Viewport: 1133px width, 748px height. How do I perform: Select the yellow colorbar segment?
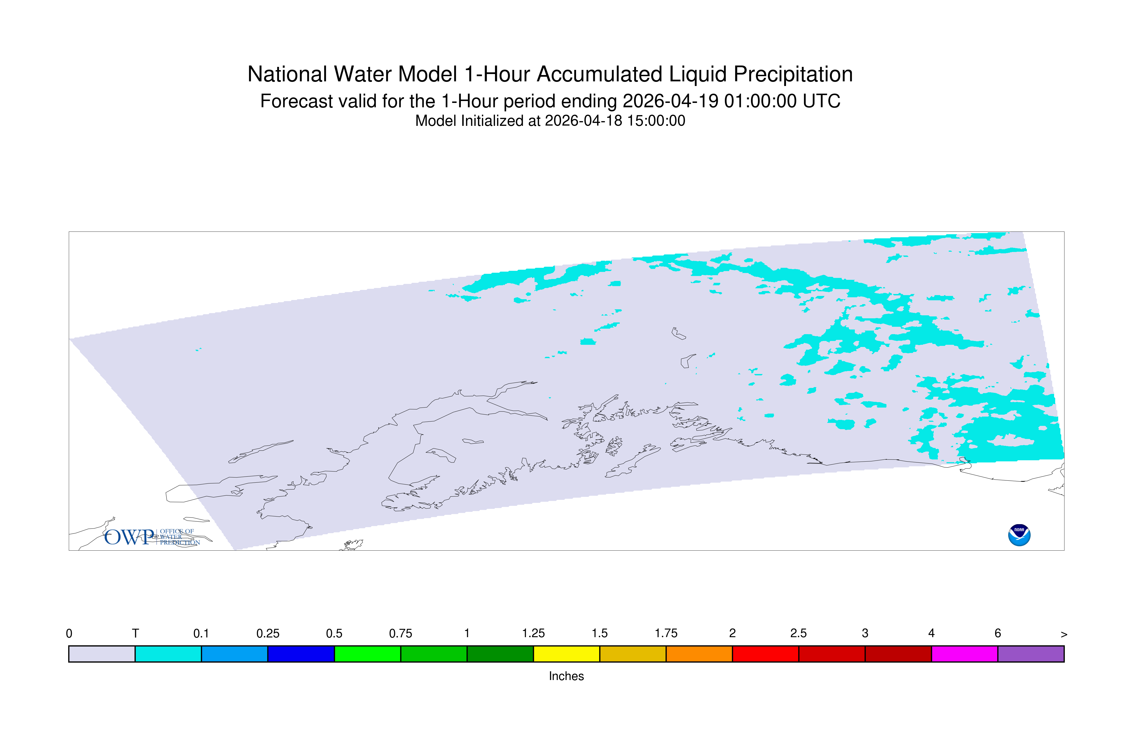[x=566, y=654]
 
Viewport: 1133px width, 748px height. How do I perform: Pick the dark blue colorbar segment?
[x=301, y=654]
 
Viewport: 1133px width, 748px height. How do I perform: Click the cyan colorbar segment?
[x=168, y=654]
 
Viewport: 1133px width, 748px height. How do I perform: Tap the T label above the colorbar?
[x=135, y=634]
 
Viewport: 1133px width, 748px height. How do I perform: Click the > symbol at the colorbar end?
[x=1064, y=634]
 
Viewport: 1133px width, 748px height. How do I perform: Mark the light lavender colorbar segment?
[x=102, y=654]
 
